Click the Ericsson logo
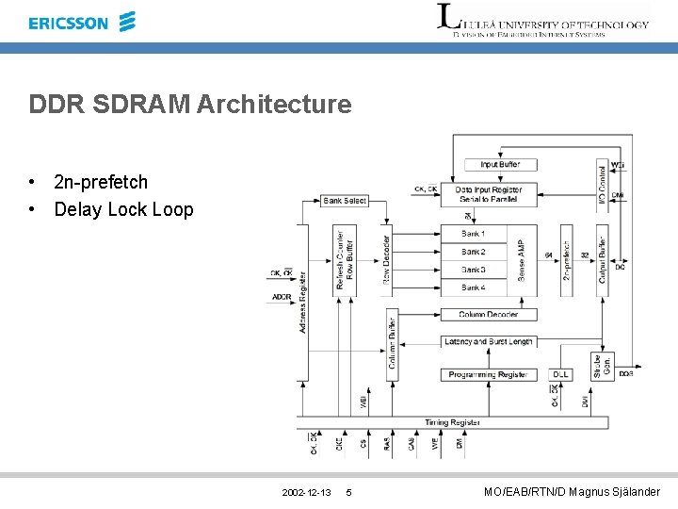82,23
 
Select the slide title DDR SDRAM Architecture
190,104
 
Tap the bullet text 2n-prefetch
101,182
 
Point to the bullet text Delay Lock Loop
123,209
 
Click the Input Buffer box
499,165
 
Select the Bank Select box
345,201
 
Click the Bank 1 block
474,234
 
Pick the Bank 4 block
474,287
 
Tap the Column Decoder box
488,315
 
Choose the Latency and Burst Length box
488,342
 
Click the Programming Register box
488,375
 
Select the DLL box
560,375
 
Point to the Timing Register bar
453,422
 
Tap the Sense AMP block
522,260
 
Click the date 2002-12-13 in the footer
306,493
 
